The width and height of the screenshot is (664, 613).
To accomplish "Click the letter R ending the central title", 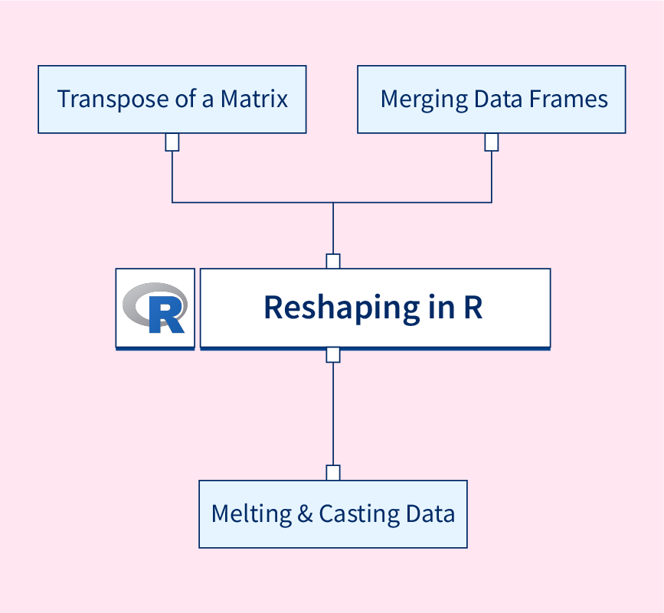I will pos(473,308).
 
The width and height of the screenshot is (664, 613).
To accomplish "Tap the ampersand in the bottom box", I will pos(305,514).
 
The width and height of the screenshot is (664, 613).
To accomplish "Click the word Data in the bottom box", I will pos(432,514).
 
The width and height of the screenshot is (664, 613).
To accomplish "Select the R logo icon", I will pos(155,308).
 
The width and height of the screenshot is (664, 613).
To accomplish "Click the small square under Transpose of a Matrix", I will pos(172,142).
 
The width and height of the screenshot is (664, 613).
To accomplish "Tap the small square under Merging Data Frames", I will pos(492,142).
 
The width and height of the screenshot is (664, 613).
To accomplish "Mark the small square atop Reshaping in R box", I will pos(333,261).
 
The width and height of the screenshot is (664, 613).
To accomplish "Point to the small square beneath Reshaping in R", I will pos(333,355).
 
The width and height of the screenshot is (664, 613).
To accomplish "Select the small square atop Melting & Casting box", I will pos(333,473).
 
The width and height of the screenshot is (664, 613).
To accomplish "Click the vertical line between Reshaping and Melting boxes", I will pos(333,413).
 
